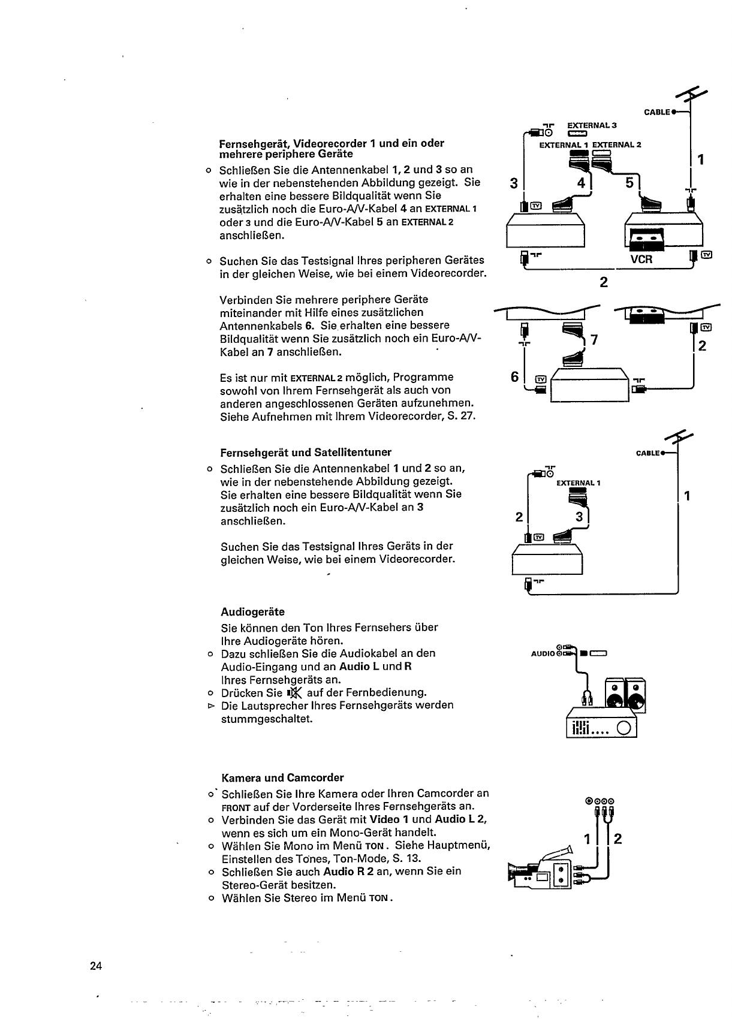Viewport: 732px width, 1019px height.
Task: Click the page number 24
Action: tap(96, 965)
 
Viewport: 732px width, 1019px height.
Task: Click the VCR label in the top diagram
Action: tap(641, 260)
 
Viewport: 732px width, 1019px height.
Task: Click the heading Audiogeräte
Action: tap(252, 612)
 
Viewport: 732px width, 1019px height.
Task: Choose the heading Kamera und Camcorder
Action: tap(282, 778)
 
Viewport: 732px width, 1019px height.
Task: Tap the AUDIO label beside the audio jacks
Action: tap(543, 653)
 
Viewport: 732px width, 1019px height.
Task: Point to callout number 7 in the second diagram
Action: tap(594, 340)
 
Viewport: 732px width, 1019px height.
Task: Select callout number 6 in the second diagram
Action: tap(514, 376)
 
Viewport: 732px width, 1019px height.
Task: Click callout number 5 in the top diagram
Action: tap(629, 182)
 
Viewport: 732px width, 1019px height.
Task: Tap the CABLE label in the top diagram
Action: tap(656, 112)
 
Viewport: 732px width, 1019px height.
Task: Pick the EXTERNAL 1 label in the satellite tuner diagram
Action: tap(578, 483)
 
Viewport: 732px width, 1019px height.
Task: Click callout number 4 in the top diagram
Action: tap(580, 182)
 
